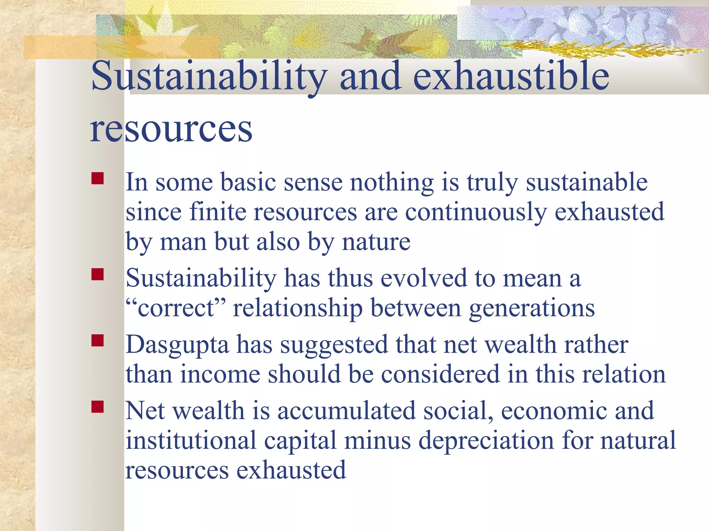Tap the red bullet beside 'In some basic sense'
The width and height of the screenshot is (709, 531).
click(x=98, y=179)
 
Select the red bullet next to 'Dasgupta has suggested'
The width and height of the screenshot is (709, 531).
click(x=98, y=341)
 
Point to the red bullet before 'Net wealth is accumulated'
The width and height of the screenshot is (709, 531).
click(x=98, y=407)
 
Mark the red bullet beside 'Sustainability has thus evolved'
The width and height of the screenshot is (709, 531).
click(x=98, y=274)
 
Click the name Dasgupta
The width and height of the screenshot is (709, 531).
click(x=177, y=346)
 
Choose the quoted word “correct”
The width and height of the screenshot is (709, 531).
click(x=176, y=308)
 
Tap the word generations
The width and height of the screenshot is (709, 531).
click(x=532, y=308)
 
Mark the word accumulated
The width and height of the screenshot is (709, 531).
click(x=346, y=411)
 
